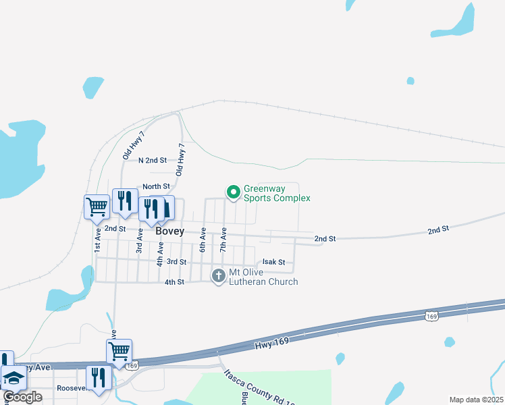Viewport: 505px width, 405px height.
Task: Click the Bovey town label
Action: pyautogui.click(x=169, y=231)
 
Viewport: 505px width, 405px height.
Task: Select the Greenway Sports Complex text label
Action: pyautogui.click(x=276, y=194)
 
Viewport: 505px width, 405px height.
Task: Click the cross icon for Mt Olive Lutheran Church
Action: pyautogui.click(x=218, y=275)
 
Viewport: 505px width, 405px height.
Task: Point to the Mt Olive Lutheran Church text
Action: pyautogui.click(x=263, y=277)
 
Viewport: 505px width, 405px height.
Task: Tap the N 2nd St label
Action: pyautogui.click(x=152, y=161)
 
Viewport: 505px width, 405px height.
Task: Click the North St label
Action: pyautogui.click(x=155, y=187)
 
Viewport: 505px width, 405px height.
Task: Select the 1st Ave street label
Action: pyautogui.click(x=98, y=240)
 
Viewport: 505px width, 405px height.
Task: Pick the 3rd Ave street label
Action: pyautogui.click(x=140, y=240)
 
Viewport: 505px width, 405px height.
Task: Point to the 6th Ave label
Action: pyautogui.click(x=202, y=240)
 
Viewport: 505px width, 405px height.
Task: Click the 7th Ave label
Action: pyautogui.click(x=223, y=240)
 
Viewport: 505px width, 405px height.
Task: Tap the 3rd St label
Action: pyautogui.click(x=176, y=262)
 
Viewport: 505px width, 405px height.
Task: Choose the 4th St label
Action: pyautogui.click(x=174, y=282)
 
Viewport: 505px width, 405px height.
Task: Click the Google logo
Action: pyautogui.click(x=22, y=397)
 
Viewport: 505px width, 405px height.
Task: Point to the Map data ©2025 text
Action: pyautogui.click(x=476, y=400)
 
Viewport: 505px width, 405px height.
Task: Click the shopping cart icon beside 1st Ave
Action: pyautogui.click(x=97, y=207)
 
